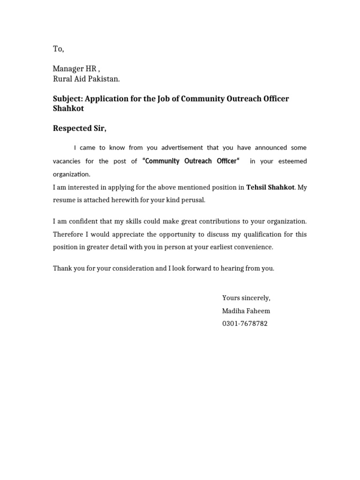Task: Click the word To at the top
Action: [58, 49]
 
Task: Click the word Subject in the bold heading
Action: [67, 98]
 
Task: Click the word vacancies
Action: [67, 161]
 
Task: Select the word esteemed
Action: [292, 161]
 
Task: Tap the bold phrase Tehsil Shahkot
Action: [270, 187]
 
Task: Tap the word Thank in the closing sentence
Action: [62, 269]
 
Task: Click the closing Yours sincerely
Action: [246, 298]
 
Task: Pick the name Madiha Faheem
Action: [246, 311]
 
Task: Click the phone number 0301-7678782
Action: [245, 323]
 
